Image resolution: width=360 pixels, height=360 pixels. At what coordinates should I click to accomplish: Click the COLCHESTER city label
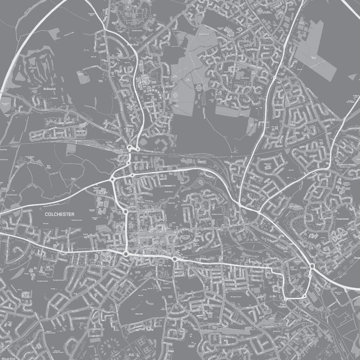(60, 214)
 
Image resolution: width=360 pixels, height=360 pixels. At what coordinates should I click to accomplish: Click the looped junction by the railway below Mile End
(132, 148)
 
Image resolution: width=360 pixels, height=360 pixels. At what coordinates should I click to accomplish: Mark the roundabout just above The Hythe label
(285, 298)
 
